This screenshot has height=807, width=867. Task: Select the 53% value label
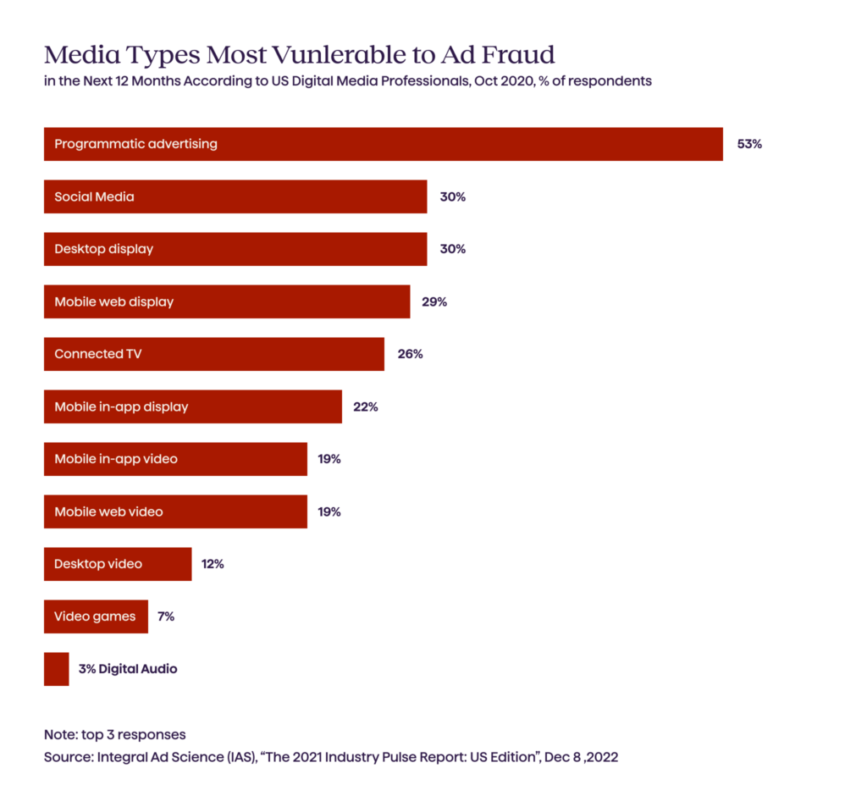click(x=749, y=144)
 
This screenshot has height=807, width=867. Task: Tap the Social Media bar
click(x=235, y=196)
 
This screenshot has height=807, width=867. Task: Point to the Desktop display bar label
click(x=103, y=249)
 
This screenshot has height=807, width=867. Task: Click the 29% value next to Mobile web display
click(x=433, y=301)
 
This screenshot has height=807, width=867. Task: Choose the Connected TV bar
click(x=213, y=354)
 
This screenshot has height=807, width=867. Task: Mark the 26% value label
click(x=410, y=354)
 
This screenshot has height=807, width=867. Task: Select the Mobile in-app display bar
click(x=192, y=406)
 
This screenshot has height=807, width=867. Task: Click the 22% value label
click(x=365, y=406)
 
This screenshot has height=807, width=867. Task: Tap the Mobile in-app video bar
click(x=175, y=459)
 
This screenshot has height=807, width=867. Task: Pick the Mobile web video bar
click(x=175, y=511)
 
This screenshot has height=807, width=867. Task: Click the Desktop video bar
click(x=118, y=564)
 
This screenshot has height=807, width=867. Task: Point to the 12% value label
click(x=213, y=564)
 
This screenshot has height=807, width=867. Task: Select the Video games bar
click(x=96, y=616)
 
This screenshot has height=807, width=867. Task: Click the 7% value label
click(x=165, y=616)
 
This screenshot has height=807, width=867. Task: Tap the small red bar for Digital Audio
click(x=56, y=669)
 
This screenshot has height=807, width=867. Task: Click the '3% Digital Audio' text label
click(x=128, y=669)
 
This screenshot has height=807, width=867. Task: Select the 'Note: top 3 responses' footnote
click(x=114, y=734)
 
